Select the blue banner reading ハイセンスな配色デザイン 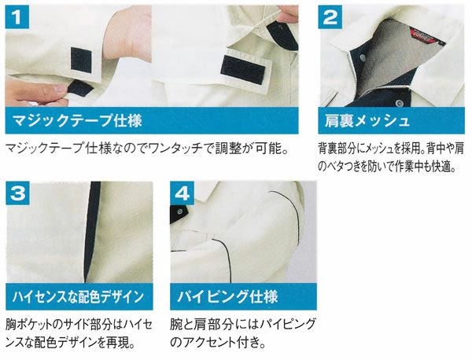tap(79, 296)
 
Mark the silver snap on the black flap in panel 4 tap(181, 214)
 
